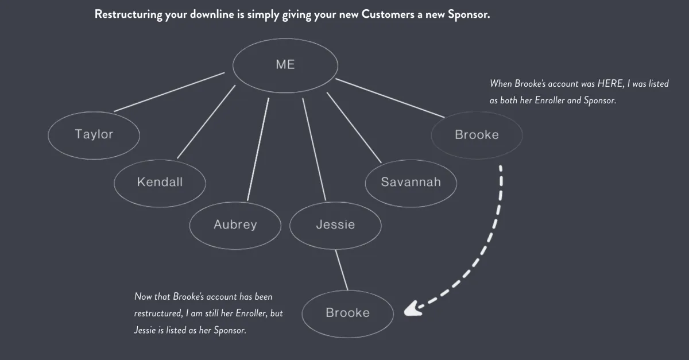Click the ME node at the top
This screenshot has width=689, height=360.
click(x=285, y=65)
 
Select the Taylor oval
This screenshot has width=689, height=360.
click(x=94, y=134)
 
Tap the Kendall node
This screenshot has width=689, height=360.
click(x=160, y=182)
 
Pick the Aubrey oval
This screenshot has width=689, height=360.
click(x=235, y=224)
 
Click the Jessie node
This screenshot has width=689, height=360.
click(x=335, y=224)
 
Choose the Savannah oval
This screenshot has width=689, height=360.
click(x=411, y=182)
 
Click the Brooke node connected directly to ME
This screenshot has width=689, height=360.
click(x=477, y=134)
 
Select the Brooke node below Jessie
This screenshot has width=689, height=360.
click(x=347, y=313)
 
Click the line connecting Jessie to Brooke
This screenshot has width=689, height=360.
click(x=341, y=270)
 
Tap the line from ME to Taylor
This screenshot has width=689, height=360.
click(x=169, y=92)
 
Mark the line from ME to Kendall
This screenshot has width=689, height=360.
click(x=207, y=121)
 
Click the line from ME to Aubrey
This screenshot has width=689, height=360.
click(x=258, y=149)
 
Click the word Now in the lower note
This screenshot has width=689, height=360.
click(x=142, y=297)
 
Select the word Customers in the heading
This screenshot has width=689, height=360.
click(x=388, y=15)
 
